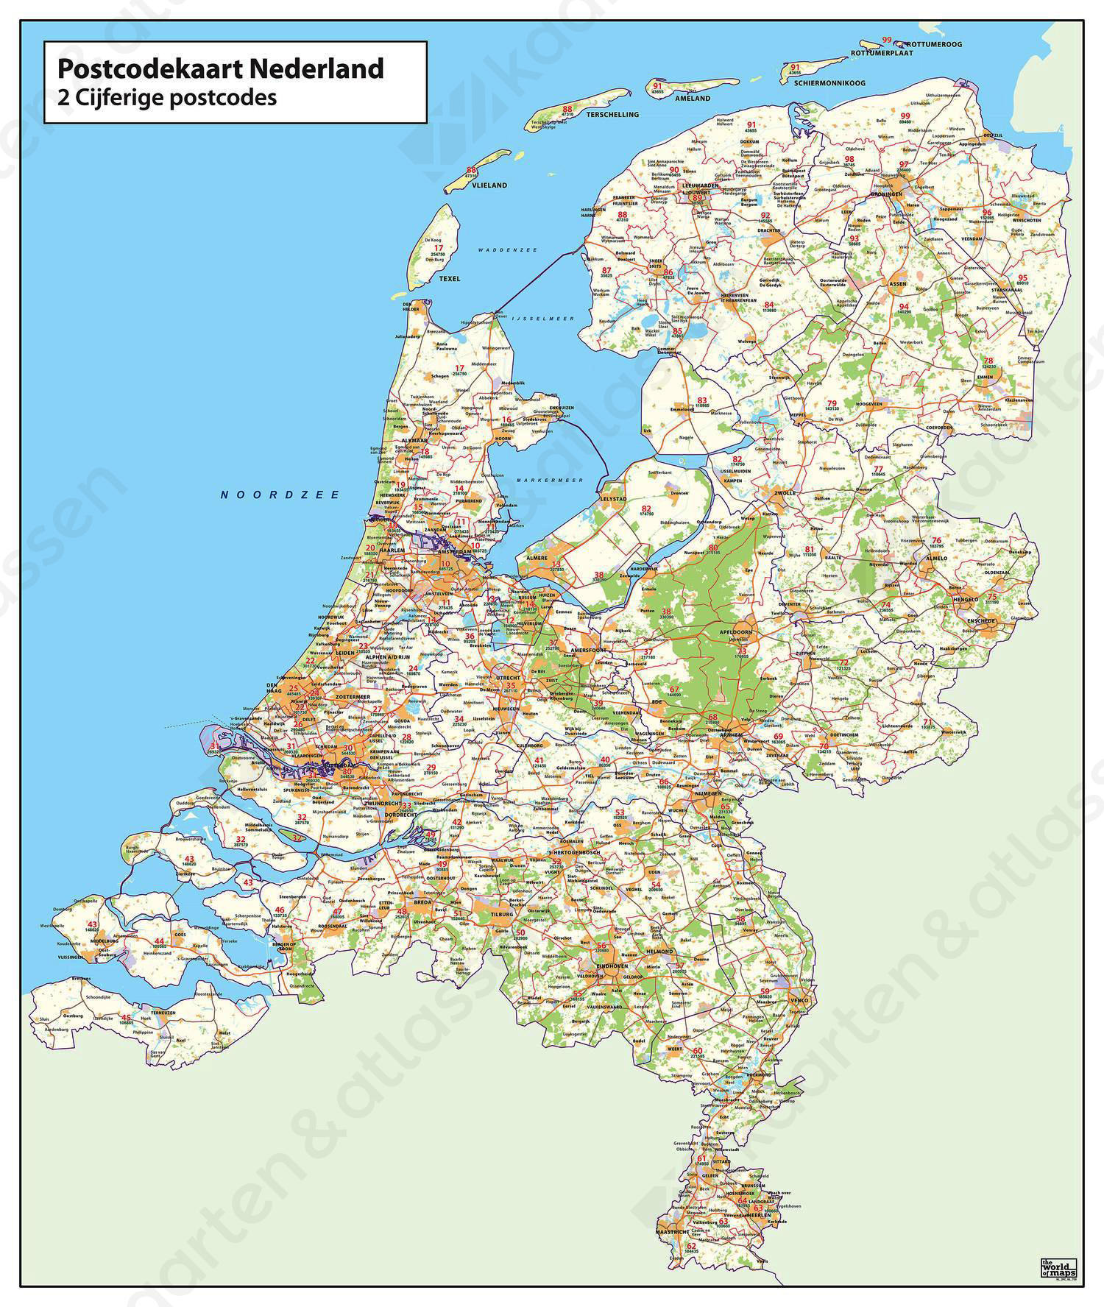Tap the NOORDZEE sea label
pyautogui.click(x=280, y=495)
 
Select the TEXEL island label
pyautogui.click(x=449, y=279)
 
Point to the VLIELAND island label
pyautogui.click(x=489, y=185)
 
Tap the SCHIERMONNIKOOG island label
pyautogui.click(x=829, y=83)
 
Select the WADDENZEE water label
pyautogui.click(x=507, y=250)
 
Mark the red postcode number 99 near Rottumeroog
pyautogui.click(x=887, y=40)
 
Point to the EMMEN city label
pyautogui.click(x=985, y=377)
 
